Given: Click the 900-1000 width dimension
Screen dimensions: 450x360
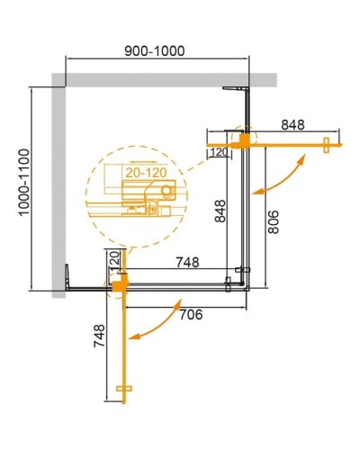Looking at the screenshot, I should click(157, 50).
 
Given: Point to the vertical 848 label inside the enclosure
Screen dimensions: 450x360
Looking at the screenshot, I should click(219, 211).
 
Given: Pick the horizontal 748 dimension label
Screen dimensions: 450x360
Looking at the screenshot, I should click(187, 262).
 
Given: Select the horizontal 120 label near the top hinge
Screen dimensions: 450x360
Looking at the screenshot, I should click(219, 153).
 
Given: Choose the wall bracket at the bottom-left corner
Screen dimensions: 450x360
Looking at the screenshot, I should click(70, 274).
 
